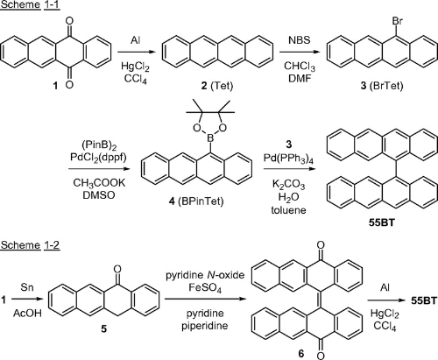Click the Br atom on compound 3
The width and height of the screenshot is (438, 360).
[x=398, y=21]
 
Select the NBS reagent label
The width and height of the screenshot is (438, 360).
[x=300, y=40]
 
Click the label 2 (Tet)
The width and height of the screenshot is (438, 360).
[x=217, y=86]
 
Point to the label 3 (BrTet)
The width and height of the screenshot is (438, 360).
[x=381, y=86]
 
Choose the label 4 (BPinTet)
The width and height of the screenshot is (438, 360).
[x=196, y=201]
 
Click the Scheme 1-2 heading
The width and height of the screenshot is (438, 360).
[x=30, y=245]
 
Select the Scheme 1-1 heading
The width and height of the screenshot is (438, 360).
[x=30, y=5]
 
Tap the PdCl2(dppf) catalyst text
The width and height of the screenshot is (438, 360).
[x=98, y=158]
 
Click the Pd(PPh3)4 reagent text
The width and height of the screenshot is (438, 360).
[x=288, y=158]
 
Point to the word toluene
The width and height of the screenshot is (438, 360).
[x=288, y=210]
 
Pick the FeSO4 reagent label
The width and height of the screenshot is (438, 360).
[x=205, y=288]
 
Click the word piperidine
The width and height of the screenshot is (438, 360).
[x=205, y=326]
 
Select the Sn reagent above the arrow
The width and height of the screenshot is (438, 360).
[x=27, y=287]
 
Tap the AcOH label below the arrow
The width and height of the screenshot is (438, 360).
[x=27, y=314]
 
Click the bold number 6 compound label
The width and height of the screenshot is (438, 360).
[x=301, y=354]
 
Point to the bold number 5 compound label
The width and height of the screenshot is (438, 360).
[x=103, y=329]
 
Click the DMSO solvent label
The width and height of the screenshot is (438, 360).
[x=99, y=195]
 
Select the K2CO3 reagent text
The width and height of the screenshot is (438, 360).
[x=288, y=185]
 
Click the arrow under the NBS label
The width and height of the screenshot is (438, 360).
[x=299, y=53]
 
